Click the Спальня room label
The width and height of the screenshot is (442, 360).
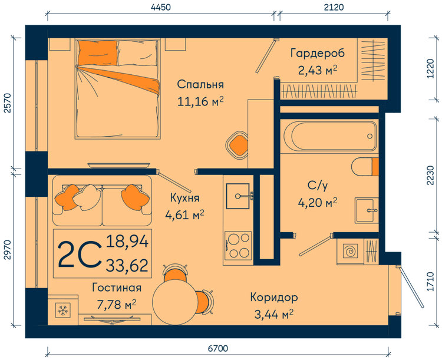(200, 84)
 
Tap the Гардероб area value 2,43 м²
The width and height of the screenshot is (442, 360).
(318, 71)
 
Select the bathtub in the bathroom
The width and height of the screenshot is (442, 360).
(330, 136)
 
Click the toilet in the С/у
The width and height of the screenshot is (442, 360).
(365, 167)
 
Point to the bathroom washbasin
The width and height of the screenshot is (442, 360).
(367, 210)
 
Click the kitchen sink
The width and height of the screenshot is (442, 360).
(238, 196)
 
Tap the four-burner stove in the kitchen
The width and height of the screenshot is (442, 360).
(238, 245)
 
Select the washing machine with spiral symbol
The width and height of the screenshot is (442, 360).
(351, 251)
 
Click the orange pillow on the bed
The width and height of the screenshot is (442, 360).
(97, 52)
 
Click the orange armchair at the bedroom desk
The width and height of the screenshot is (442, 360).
(238, 146)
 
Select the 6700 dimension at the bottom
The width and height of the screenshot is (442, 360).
(218, 348)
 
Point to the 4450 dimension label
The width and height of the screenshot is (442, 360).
(161, 7)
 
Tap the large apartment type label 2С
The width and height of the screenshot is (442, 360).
(79, 255)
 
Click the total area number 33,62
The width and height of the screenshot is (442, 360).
(127, 265)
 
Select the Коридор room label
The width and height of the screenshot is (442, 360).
(274, 297)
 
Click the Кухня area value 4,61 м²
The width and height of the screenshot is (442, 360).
(184, 216)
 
